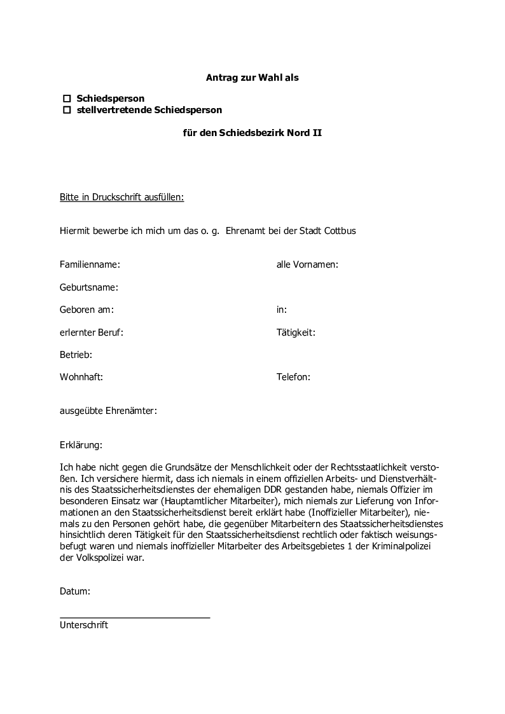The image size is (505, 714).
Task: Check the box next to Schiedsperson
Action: (x=66, y=99)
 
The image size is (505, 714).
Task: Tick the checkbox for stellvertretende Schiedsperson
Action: (x=66, y=110)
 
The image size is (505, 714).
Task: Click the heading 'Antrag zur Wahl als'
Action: (x=252, y=78)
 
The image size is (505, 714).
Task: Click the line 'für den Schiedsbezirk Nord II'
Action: (x=253, y=134)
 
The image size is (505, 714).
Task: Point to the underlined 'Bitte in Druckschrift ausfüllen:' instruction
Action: (x=121, y=197)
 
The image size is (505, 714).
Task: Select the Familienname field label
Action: (x=90, y=264)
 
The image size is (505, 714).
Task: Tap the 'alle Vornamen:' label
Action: (x=307, y=264)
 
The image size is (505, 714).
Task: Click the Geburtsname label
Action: (x=89, y=287)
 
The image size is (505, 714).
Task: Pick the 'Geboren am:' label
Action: (x=86, y=310)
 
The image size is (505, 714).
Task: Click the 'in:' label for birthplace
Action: (x=281, y=310)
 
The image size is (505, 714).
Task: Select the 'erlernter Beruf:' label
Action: (x=92, y=332)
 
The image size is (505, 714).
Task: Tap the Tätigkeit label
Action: (x=296, y=332)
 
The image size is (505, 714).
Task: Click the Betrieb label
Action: (x=76, y=354)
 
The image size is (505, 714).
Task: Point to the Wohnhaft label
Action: (x=81, y=376)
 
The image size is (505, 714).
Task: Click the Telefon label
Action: (x=293, y=376)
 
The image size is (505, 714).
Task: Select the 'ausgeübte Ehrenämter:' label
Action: (x=108, y=411)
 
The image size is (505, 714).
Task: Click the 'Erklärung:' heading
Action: (x=81, y=445)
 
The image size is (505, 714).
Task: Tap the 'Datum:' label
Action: (x=75, y=591)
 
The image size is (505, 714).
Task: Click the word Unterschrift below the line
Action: (x=84, y=625)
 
